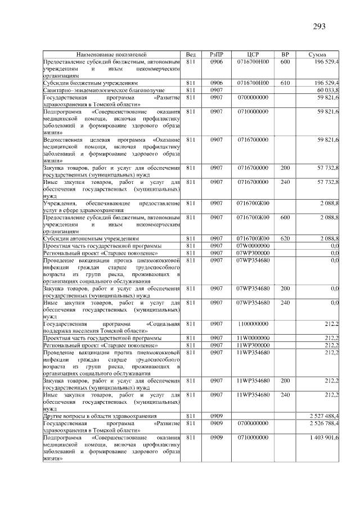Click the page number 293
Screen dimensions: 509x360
(x=318, y=26)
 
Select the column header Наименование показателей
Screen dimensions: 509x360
(x=112, y=55)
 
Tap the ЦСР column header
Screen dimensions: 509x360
(x=253, y=55)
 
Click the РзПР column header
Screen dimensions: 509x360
(x=217, y=55)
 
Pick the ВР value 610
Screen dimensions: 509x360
(x=285, y=83)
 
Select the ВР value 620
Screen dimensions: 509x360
(x=285, y=238)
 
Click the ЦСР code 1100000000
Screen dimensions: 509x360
(x=253, y=324)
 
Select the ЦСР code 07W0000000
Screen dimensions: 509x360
(x=253, y=246)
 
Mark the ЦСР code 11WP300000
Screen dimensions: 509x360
(x=253, y=345)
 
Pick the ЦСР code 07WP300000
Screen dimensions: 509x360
(x=253, y=253)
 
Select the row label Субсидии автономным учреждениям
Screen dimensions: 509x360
(x=92, y=238)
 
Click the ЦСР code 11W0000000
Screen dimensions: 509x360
(x=253, y=338)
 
